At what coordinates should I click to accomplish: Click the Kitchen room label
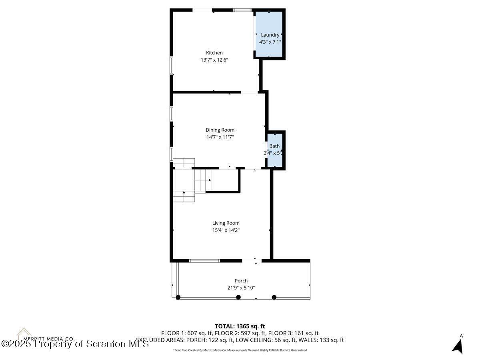point(214,53)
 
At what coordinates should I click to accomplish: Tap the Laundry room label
point(270,35)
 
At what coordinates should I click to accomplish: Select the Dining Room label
point(220,130)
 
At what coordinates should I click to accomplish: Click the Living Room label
point(226,223)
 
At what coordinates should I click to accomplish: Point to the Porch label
point(241,281)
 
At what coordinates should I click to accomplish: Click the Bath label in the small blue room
point(274,146)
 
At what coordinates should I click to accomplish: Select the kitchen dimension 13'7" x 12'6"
point(214,60)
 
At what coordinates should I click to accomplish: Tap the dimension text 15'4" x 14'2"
point(226,230)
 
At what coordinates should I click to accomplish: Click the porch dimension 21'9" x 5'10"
point(241,288)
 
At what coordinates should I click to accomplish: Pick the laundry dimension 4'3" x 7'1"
point(270,42)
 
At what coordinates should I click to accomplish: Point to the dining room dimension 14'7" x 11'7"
point(220,137)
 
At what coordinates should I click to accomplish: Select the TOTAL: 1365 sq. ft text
point(240,326)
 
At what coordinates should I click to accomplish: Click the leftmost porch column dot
point(178,297)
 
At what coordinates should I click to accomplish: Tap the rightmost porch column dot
point(274,297)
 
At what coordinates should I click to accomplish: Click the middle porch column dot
point(238,297)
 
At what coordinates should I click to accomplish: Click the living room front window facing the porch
point(204,261)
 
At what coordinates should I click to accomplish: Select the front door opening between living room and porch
point(252,261)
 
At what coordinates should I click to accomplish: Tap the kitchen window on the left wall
point(171,65)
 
